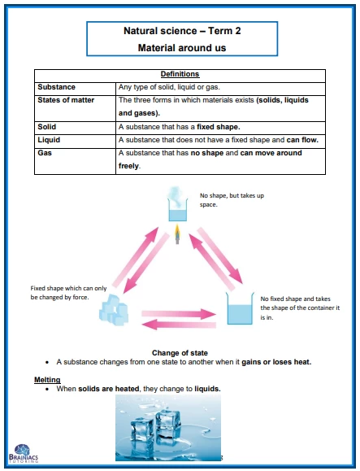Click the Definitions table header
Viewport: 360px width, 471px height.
coord(180,74)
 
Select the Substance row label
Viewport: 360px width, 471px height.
coord(56,87)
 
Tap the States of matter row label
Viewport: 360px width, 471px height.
coord(66,100)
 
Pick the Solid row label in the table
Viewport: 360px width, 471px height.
coord(47,127)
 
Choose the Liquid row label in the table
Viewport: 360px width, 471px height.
coord(49,140)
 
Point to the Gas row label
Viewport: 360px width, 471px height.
coord(45,153)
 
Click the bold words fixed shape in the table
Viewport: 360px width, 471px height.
coord(219,127)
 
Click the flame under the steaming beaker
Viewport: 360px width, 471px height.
coord(177,234)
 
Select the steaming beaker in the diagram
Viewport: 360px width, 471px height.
coord(178,204)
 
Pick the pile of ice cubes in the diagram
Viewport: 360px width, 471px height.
coord(114,310)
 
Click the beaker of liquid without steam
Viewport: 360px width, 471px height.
coord(240,308)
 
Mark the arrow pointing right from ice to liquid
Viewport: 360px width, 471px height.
coord(179,314)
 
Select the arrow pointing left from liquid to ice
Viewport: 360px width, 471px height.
coord(179,325)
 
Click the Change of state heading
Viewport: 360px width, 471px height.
coord(180,353)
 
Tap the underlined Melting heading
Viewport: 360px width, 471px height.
coord(47,380)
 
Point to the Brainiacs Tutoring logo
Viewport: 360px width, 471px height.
coord(24,453)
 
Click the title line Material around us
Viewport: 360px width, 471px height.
coord(182,48)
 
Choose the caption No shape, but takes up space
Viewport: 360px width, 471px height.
coord(232,200)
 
